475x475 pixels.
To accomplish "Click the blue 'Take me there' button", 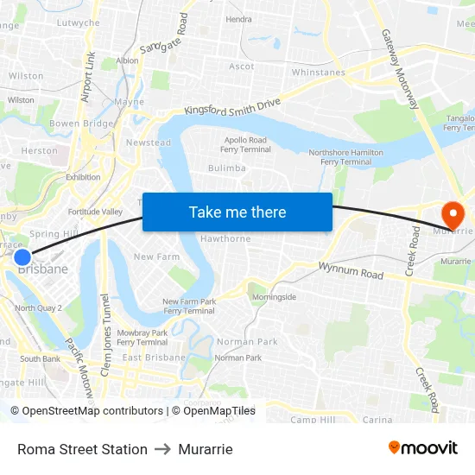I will [x=237, y=212].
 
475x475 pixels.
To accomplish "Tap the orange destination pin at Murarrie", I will [x=453, y=213].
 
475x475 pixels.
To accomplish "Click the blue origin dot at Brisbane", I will [x=22, y=256].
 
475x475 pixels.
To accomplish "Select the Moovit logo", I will [x=423, y=447].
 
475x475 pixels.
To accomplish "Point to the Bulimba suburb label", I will [x=227, y=168].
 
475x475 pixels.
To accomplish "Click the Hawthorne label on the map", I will [x=225, y=239].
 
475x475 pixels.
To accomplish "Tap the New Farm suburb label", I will [x=156, y=256].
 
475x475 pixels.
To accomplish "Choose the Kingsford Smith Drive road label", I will [x=232, y=106].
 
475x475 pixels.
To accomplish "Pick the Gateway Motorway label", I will [x=400, y=70].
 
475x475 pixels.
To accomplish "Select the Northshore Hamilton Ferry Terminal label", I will [x=345, y=157].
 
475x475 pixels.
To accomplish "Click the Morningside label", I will [x=274, y=297].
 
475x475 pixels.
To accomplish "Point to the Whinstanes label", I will [x=318, y=73].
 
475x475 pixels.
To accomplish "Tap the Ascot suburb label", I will [x=242, y=66].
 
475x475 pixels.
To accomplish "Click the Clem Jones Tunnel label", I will [x=105, y=323].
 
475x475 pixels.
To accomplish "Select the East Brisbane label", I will [x=154, y=358].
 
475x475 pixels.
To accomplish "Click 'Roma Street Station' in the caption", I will [x=82, y=449].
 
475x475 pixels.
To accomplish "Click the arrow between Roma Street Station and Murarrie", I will [x=162, y=449].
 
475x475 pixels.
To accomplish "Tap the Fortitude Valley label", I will [x=95, y=212].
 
